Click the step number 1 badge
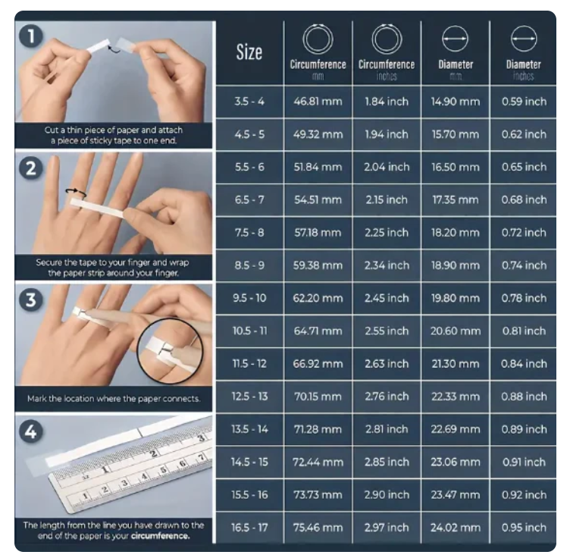[31, 36]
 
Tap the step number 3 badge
[31, 300]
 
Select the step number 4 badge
[31, 431]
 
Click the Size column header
[249, 52]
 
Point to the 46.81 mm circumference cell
[318, 102]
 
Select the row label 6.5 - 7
[249, 199]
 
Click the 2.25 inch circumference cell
[387, 233]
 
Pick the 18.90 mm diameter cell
[456, 265]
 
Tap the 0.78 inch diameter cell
[524, 298]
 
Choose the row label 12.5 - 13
[249, 397]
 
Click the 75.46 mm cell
[318, 528]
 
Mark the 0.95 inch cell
[524, 528]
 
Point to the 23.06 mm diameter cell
[456, 462]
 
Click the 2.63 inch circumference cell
[387, 363]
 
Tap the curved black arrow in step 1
[114, 49]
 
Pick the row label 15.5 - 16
[249, 495]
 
